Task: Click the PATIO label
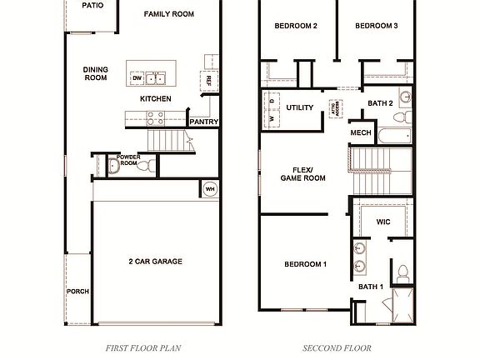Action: (92, 5)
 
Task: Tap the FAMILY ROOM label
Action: (169, 14)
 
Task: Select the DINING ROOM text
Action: (96, 73)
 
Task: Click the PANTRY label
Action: (204, 122)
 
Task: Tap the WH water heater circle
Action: (210, 189)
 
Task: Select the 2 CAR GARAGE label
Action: (155, 262)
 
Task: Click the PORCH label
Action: (77, 292)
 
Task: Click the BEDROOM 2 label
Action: (296, 26)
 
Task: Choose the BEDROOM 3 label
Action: (376, 26)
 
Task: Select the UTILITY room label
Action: (299, 107)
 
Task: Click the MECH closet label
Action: (361, 133)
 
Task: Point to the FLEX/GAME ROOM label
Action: (302, 172)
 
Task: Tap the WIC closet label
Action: (383, 222)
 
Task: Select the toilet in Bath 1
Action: (402, 272)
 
